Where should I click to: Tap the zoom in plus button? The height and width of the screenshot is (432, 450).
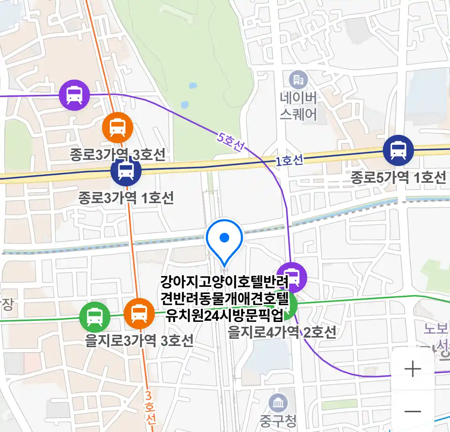point(413,369)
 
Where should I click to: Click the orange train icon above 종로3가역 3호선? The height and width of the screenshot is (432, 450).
point(118,128)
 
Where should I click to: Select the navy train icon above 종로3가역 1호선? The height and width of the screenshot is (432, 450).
point(126,171)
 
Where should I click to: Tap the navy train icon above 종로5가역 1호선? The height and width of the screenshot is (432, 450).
point(398,150)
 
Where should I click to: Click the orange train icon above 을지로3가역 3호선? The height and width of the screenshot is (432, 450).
point(139,313)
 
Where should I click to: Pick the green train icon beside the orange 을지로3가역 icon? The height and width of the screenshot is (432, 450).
point(94,317)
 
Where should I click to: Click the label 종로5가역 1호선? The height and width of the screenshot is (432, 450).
point(398,177)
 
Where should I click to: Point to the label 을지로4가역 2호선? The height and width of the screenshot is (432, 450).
point(282,332)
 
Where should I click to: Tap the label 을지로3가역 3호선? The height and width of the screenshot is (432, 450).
point(139,340)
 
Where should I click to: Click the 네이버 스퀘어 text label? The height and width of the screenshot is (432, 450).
point(298,106)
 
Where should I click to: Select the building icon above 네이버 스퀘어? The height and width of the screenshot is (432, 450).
point(298,80)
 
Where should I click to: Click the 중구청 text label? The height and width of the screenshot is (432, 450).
point(278,420)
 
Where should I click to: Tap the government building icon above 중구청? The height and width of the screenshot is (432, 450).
point(278,403)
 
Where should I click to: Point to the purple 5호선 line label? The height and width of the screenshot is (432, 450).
point(231,142)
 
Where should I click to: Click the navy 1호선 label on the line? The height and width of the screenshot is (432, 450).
point(289,161)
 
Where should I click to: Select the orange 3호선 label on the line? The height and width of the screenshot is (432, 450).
point(149,407)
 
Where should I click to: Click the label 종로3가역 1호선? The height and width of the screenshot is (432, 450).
point(126,198)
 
